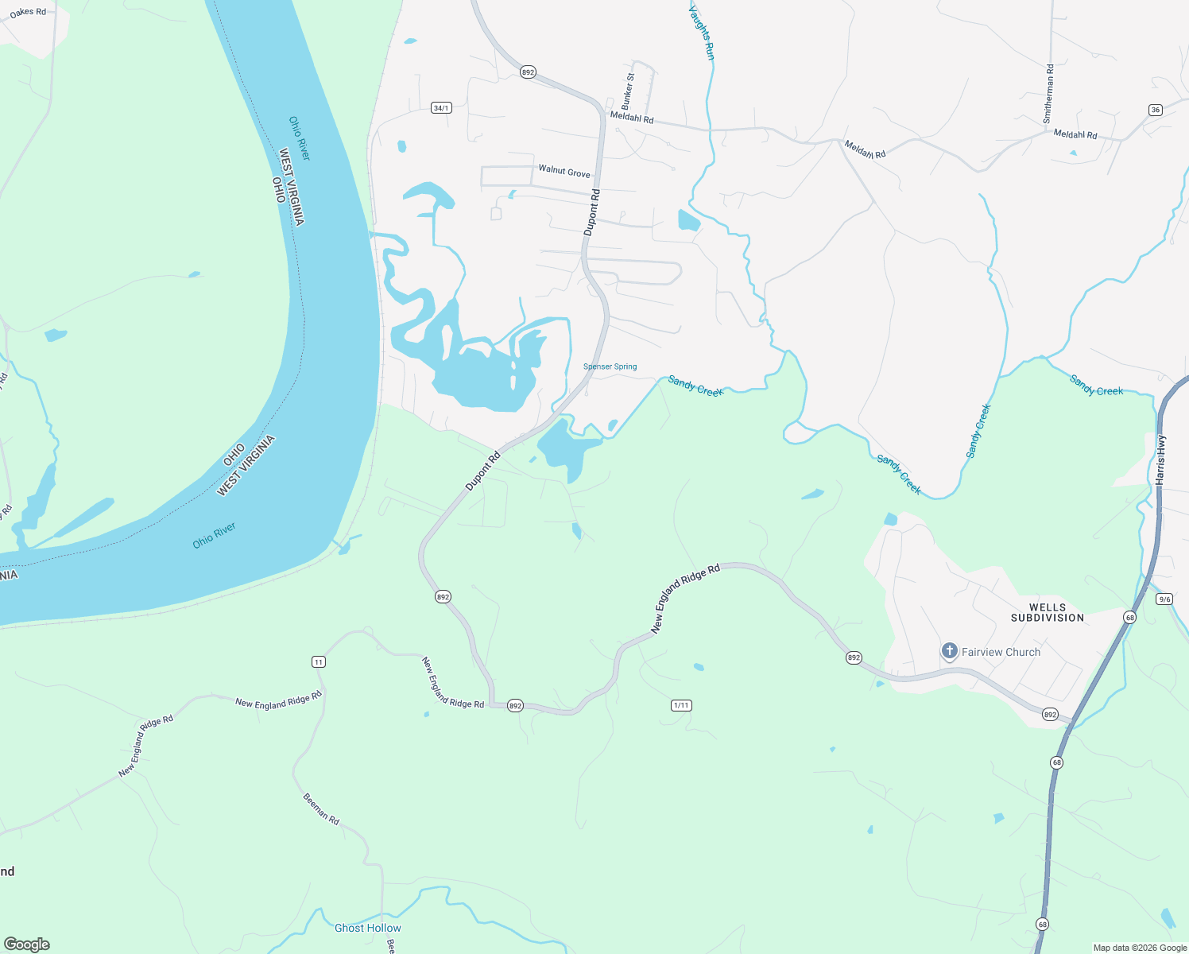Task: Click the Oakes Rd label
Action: tap(28, 12)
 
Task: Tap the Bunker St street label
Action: tap(628, 91)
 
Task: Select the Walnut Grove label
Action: tap(564, 171)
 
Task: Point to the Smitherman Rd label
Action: tap(1049, 93)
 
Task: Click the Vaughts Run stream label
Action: tap(702, 33)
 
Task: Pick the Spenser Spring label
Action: tap(610, 366)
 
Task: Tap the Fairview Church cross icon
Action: tap(949, 651)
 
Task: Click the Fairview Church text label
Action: tap(1001, 652)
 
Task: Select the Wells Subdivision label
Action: tap(1047, 612)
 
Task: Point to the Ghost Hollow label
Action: tap(368, 928)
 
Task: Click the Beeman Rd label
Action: tap(321, 809)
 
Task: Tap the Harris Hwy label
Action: tap(1161, 460)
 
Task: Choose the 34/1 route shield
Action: tap(441, 108)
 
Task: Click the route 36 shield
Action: tap(1156, 110)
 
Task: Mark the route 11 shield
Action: tap(319, 661)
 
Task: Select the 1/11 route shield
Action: tap(681, 705)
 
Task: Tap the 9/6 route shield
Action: tap(1164, 599)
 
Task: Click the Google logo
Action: tap(27, 944)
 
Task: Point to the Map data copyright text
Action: tap(1140, 948)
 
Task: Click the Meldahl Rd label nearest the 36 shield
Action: tap(1075, 134)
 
